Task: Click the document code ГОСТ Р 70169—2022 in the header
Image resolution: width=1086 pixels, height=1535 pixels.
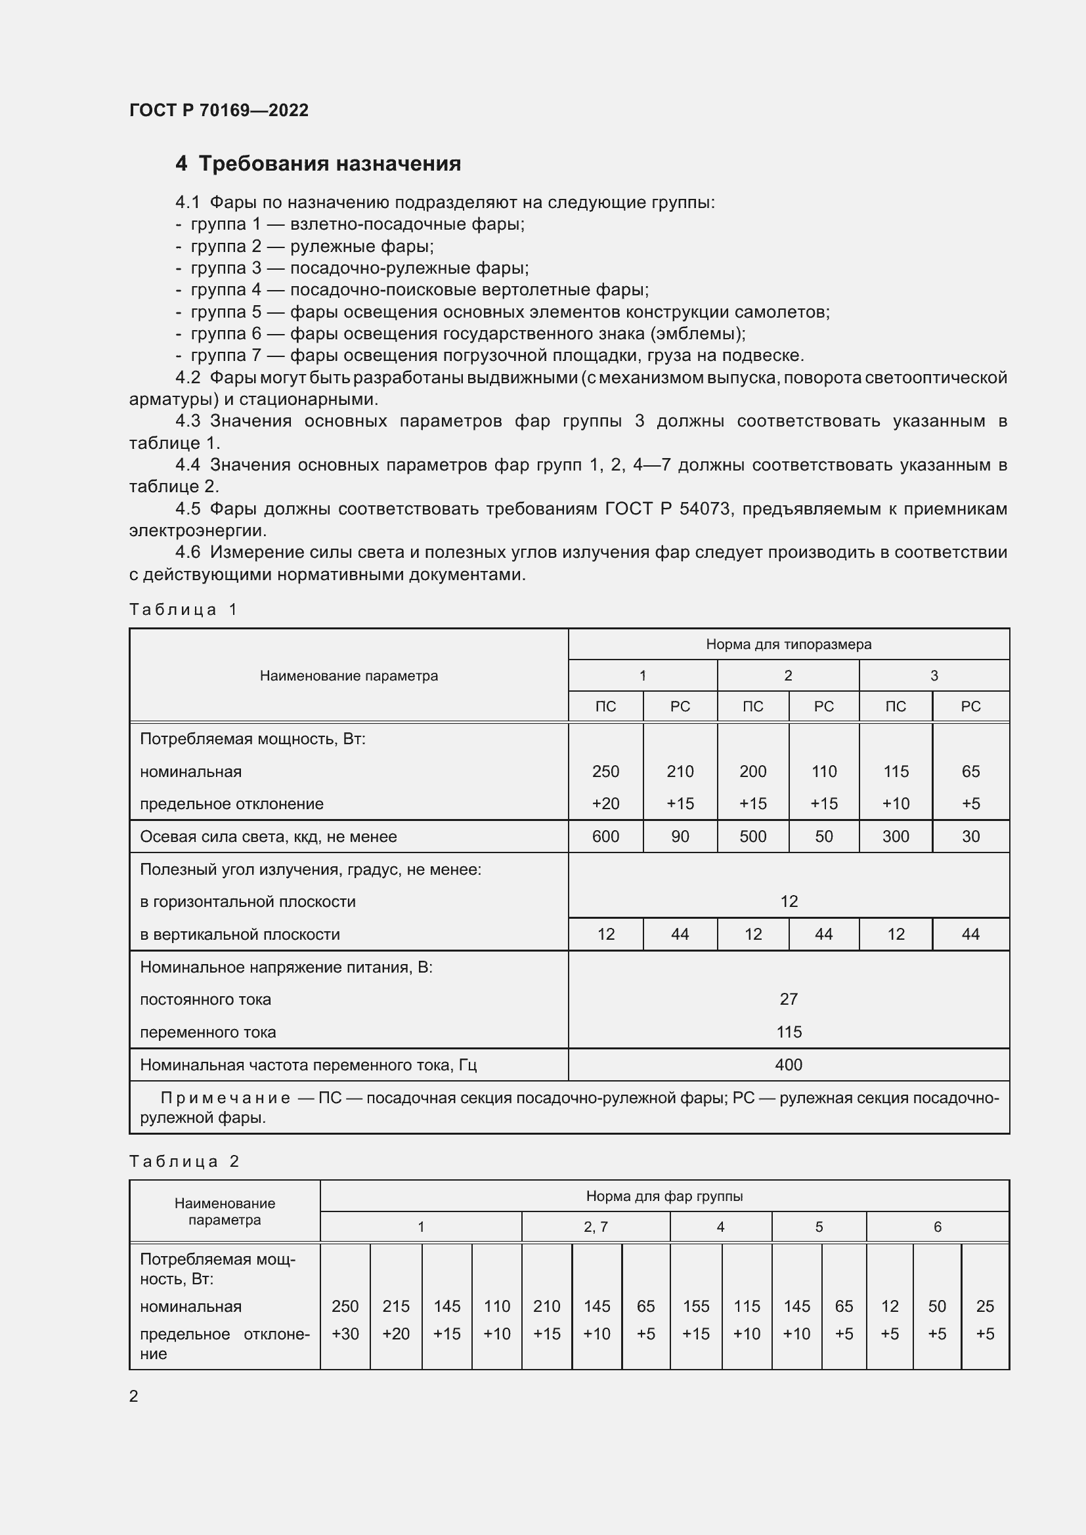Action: pos(219,110)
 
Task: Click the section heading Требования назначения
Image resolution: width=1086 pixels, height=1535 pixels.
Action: pos(330,164)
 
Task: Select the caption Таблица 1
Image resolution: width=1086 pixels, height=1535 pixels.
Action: pos(183,609)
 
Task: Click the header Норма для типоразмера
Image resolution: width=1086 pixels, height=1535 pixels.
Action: pos(788,644)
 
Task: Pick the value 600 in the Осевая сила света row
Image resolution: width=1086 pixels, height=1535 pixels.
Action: pos(605,836)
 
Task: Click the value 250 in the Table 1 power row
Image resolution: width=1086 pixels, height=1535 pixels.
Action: pos(605,772)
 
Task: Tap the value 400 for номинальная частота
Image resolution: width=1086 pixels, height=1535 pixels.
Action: pos(788,1065)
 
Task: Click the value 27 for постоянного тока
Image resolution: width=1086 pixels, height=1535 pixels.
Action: pos(788,999)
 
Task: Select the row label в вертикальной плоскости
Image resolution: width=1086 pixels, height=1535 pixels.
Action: pos(240,935)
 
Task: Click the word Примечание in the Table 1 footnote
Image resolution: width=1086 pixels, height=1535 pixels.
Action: pos(225,1099)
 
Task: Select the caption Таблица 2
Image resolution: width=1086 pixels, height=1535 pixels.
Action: pos(184,1162)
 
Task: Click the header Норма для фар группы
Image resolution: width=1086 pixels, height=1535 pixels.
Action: pos(664,1196)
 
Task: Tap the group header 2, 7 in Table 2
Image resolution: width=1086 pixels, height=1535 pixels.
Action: pos(595,1227)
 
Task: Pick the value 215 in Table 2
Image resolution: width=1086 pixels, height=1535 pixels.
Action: pos(395,1307)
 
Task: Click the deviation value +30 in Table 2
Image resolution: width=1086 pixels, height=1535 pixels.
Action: pos(345,1334)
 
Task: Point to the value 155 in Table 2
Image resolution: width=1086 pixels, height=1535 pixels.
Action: pos(695,1307)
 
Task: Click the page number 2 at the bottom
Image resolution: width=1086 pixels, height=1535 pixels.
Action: pos(134,1397)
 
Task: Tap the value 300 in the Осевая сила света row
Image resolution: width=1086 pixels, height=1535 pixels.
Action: pos(895,836)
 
